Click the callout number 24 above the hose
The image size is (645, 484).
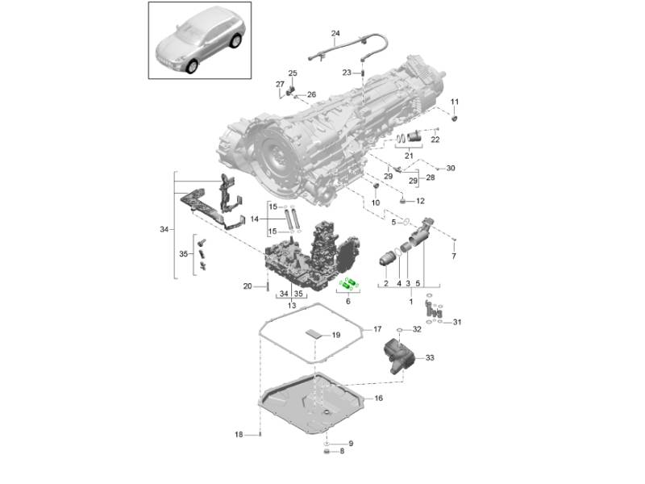[x=335, y=33]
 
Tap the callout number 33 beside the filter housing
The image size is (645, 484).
[x=430, y=357]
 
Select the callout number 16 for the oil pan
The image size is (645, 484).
[x=378, y=398]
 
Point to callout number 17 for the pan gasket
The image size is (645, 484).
[x=377, y=329]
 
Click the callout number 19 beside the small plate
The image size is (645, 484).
[x=336, y=335]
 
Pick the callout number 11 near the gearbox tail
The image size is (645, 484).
[x=454, y=102]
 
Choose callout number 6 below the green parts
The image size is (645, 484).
[x=348, y=301]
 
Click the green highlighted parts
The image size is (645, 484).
[x=349, y=284]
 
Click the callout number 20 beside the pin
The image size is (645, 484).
[x=248, y=286]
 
